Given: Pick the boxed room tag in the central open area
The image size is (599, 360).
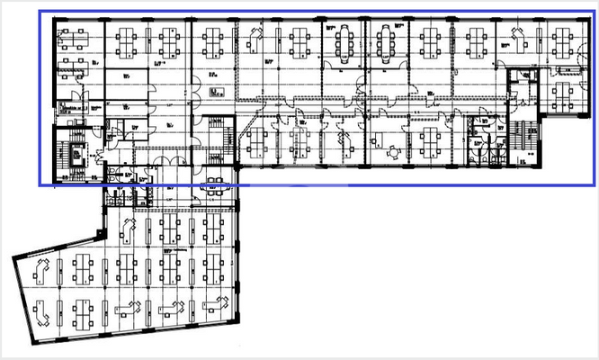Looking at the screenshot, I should click(213, 92).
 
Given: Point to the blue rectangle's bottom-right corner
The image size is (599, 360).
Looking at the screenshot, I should click(595, 184).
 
